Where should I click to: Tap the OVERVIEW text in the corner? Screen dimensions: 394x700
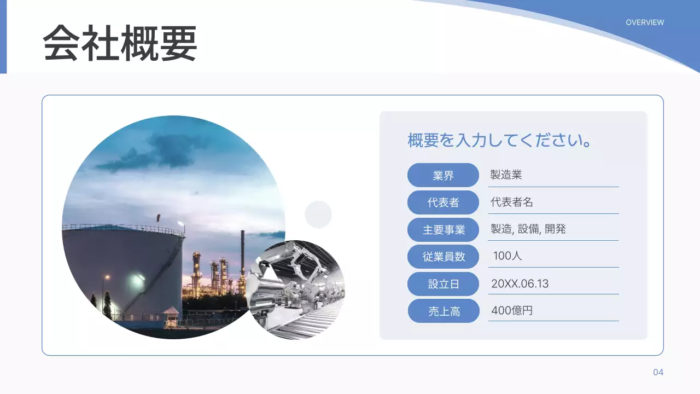point(645,22)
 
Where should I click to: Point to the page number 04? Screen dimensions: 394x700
point(658,373)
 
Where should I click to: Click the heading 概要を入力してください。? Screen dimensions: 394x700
point(500,141)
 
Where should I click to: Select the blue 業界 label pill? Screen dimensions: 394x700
point(443,176)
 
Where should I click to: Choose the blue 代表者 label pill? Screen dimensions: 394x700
point(443,202)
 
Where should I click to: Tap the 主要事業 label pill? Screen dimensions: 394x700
point(443,230)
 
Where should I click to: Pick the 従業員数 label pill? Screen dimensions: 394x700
point(443,256)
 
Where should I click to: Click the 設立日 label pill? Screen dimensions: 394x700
point(443,284)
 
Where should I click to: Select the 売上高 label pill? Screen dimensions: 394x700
point(444,311)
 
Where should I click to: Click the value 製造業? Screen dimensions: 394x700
point(506,175)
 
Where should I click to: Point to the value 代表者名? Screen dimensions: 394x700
point(512,202)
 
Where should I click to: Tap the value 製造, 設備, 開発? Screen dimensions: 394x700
point(528,229)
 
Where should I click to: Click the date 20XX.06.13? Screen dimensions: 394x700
point(520,283)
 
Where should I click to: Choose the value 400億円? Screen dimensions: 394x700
point(512,310)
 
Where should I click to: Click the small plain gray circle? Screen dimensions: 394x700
point(318,214)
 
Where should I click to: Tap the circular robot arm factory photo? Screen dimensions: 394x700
point(295,289)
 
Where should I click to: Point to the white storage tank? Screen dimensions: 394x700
point(123,268)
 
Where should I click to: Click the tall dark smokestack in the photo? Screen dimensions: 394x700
point(242,257)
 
